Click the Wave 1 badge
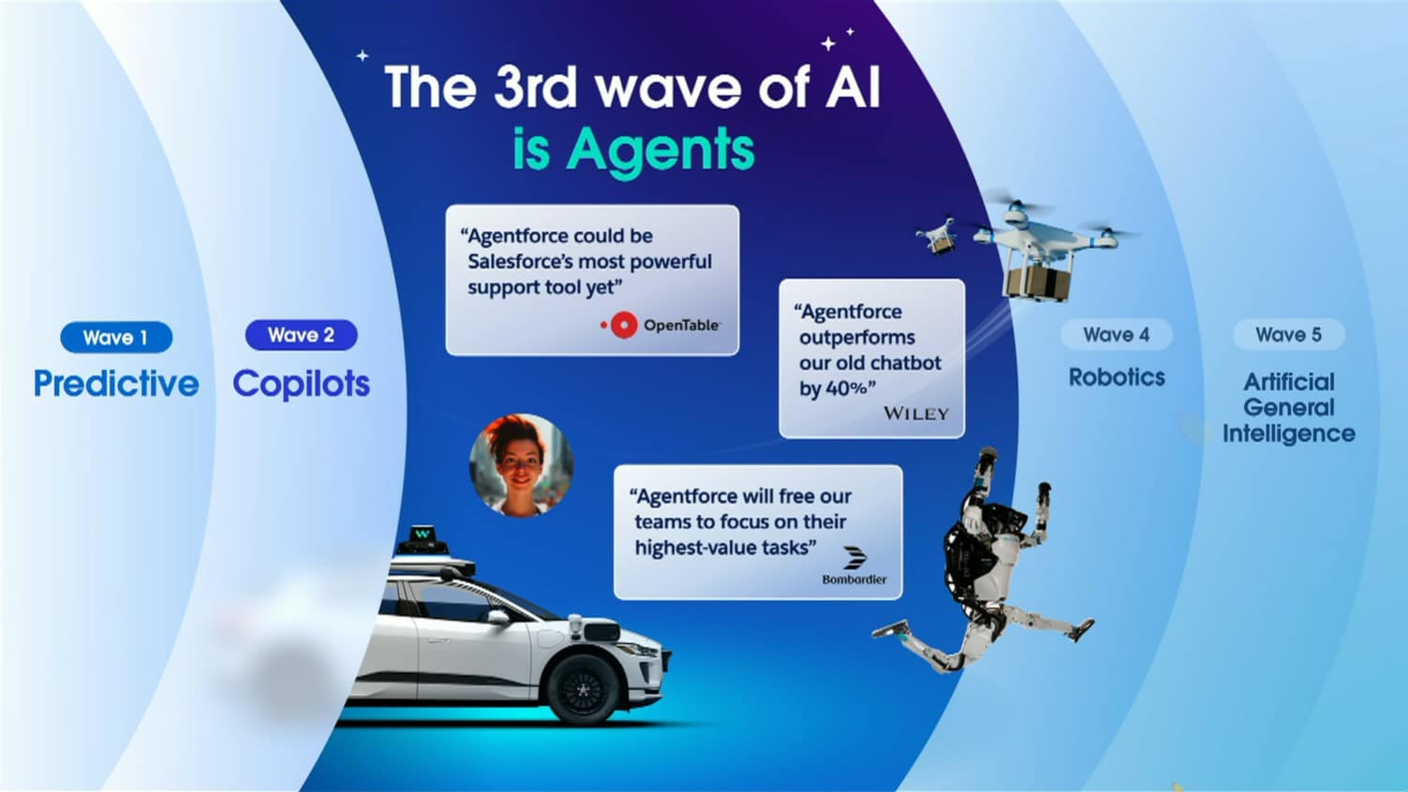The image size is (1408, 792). (116, 337)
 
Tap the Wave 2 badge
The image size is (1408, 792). (301, 335)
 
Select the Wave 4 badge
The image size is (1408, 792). (1117, 335)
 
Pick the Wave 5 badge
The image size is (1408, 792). (1289, 335)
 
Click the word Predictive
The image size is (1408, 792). (116, 383)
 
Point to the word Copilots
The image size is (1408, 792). (301, 384)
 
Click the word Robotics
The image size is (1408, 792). (1117, 377)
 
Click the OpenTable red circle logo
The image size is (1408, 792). (624, 325)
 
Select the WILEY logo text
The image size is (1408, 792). (916, 413)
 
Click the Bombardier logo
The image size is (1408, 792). (854, 566)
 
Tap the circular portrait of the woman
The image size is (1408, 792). (521, 465)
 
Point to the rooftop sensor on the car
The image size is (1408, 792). (422, 541)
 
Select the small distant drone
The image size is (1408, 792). (937, 235)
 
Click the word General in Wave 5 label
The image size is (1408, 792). (1289, 407)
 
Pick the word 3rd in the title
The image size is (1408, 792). (535, 87)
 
